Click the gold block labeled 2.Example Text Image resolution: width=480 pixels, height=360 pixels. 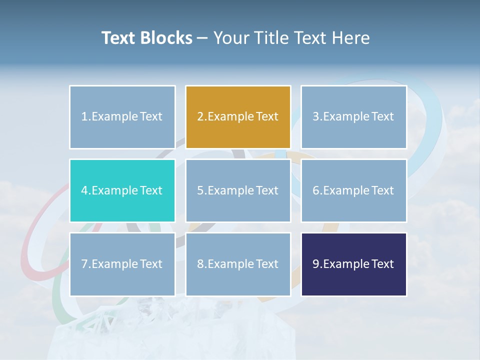[x=238, y=117]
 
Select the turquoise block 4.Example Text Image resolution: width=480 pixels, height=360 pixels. [x=122, y=190]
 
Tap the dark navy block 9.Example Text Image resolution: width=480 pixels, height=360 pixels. [x=353, y=264]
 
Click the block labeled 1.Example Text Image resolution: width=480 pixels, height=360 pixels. [x=122, y=117]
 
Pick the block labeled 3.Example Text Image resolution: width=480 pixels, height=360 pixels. [x=353, y=117]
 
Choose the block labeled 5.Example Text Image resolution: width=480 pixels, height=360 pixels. [x=238, y=190]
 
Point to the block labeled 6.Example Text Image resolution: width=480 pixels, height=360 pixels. [x=353, y=190]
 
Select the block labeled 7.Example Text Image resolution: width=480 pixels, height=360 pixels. [x=122, y=264]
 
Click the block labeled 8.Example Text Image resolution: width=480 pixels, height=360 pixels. [x=238, y=264]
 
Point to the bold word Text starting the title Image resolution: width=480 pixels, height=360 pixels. [x=118, y=38]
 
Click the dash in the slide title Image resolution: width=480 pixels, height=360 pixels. [x=202, y=38]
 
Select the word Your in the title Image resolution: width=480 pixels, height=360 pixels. [x=230, y=38]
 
